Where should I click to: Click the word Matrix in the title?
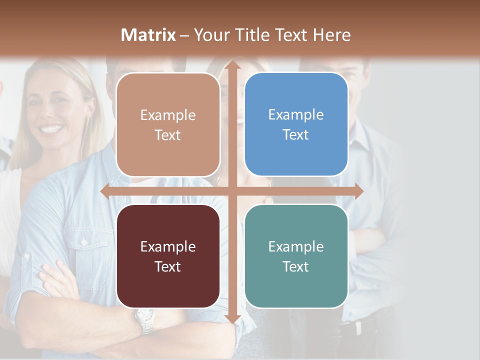[148, 35]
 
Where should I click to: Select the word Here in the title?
[331, 35]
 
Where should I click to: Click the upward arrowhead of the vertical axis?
[232, 64]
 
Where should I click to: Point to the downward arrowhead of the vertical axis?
[232, 319]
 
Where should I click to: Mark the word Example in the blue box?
[296, 114]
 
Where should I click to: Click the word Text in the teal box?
[296, 266]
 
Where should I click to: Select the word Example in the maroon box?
[168, 246]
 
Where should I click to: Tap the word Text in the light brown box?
[168, 135]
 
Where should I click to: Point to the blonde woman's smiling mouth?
[51, 128]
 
